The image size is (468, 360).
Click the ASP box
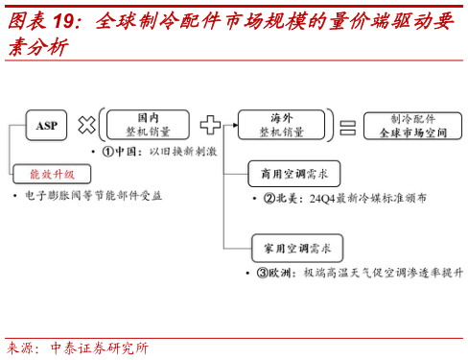coord(46,125)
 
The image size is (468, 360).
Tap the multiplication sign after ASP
coord(86,125)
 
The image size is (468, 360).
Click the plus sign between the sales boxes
coord(210,125)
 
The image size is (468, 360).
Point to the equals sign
coord(347,126)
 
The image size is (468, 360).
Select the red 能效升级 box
coord(52,174)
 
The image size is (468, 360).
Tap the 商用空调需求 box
coord(288,174)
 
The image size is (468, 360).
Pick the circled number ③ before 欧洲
coord(261,273)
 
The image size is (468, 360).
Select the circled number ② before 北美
coord(269,198)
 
